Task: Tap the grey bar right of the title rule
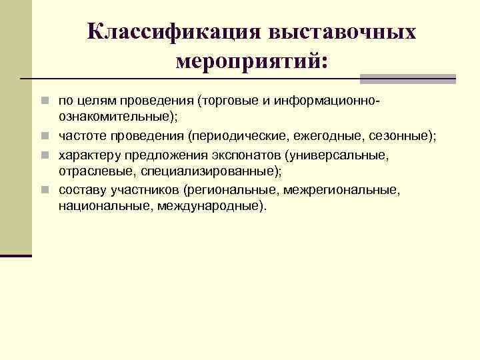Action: (x=407, y=79)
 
